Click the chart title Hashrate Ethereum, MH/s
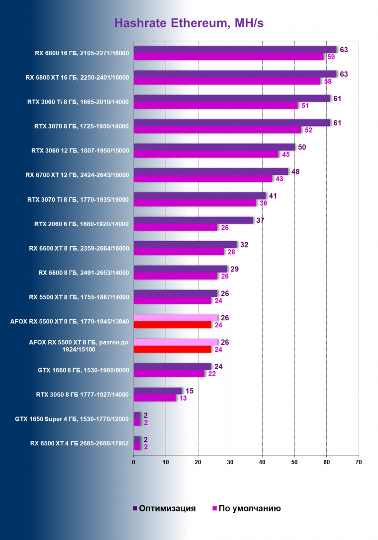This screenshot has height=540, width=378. pos(189,23)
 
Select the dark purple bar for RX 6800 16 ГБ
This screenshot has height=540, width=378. pos(235,49)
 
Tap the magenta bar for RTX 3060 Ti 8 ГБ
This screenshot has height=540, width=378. pos(215,106)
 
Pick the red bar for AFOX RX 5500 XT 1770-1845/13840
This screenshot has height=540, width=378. pos(172,325)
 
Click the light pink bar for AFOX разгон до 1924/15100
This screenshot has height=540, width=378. pos(175,342)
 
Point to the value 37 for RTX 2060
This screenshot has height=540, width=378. pos(260,220)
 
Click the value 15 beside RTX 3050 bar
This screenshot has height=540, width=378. pos(189,391)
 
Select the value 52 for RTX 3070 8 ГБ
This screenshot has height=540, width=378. pos(308,130)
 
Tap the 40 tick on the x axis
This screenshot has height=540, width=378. pos(262,462)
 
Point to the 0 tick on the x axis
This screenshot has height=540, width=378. pos(134,462)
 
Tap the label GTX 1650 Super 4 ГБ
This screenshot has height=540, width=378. pos(72,419)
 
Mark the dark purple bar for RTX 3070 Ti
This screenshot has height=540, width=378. pos(200,196)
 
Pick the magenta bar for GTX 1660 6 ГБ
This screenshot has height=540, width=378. pos(169,374)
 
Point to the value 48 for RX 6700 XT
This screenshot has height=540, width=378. pos(295,171)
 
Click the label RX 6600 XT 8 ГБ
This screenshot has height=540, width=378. pos(79,248)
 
